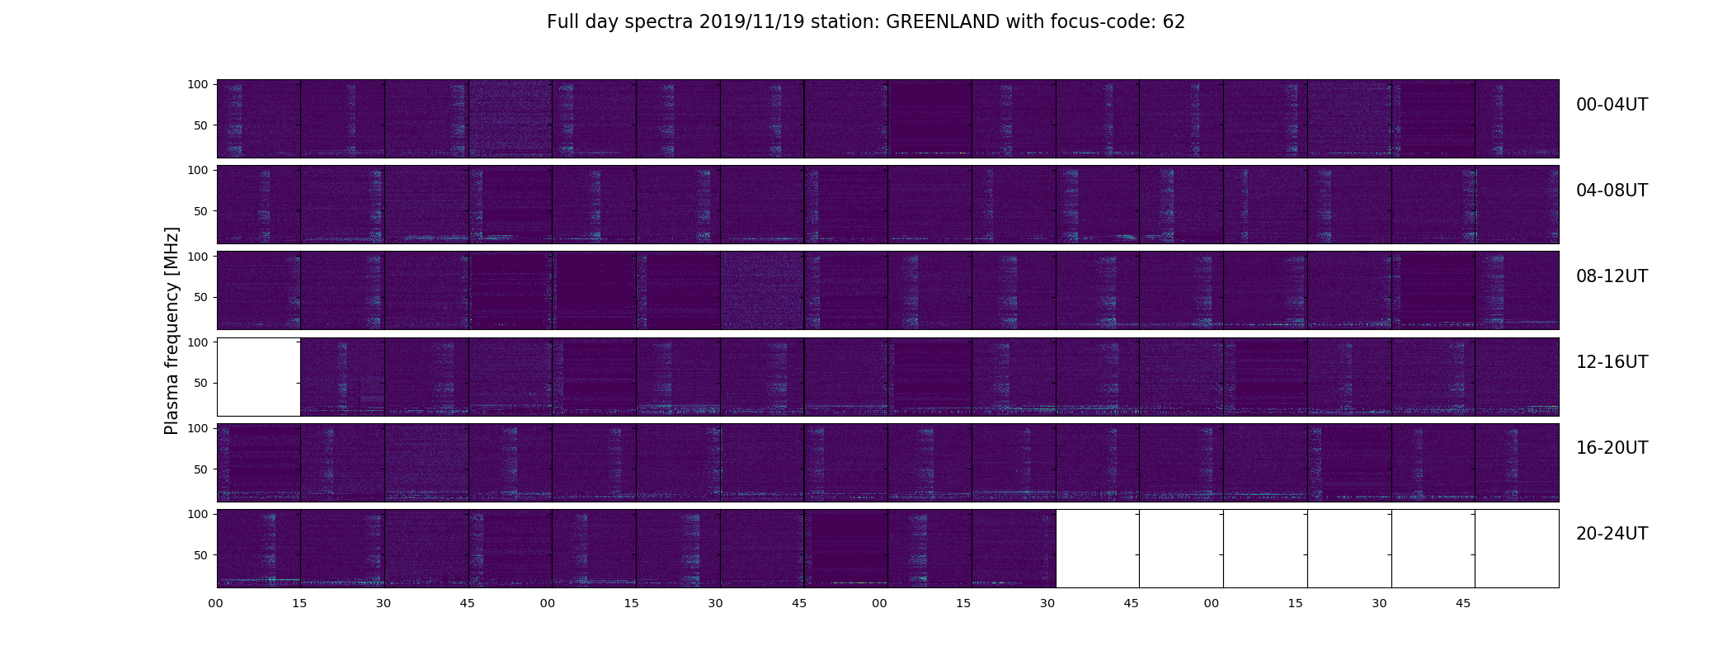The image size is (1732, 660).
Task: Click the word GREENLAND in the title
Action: pyautogui.click(x=944, y=22)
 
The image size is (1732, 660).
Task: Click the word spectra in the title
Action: pyautogui.click(x=659, y=23)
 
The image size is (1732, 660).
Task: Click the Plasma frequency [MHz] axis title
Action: pyautogui.click(x=172, y=331)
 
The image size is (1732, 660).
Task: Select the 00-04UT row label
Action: pyautogui.click(x=1612, y=105)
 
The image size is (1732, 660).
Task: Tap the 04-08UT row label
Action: pyautogui.click(x=1612, y=191)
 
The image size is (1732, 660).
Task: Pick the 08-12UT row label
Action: pyautogui.click(x=1612, y=276)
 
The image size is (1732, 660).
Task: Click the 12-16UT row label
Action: pyautogui.click(x=1612, y=362)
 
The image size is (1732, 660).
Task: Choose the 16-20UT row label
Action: pyautogui.click(x=1612, y=448)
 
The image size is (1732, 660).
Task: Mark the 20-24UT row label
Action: pyautogui.click(x=1612, y=534)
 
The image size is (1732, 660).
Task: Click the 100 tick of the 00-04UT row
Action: pyautogui.click(x=198, y=84)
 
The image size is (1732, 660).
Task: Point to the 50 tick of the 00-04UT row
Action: pyautogui.click(x=201, y=125)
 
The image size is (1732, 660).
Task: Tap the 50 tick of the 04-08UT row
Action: pyautogui.click(x=201, y=211)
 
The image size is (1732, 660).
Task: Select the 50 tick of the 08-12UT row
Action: pyautogui.click(x=201, y=297)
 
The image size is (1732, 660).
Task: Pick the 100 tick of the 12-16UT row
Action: pyautogui.click(x=198, y=342)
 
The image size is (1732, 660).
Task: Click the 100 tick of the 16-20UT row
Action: pyautogui.click(x=198, y=428)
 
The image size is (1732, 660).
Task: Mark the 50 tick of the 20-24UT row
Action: pyautogui.click(x=201, y=555)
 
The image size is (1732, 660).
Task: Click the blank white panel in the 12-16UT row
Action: pyautogui.click(x=258, y=376)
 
